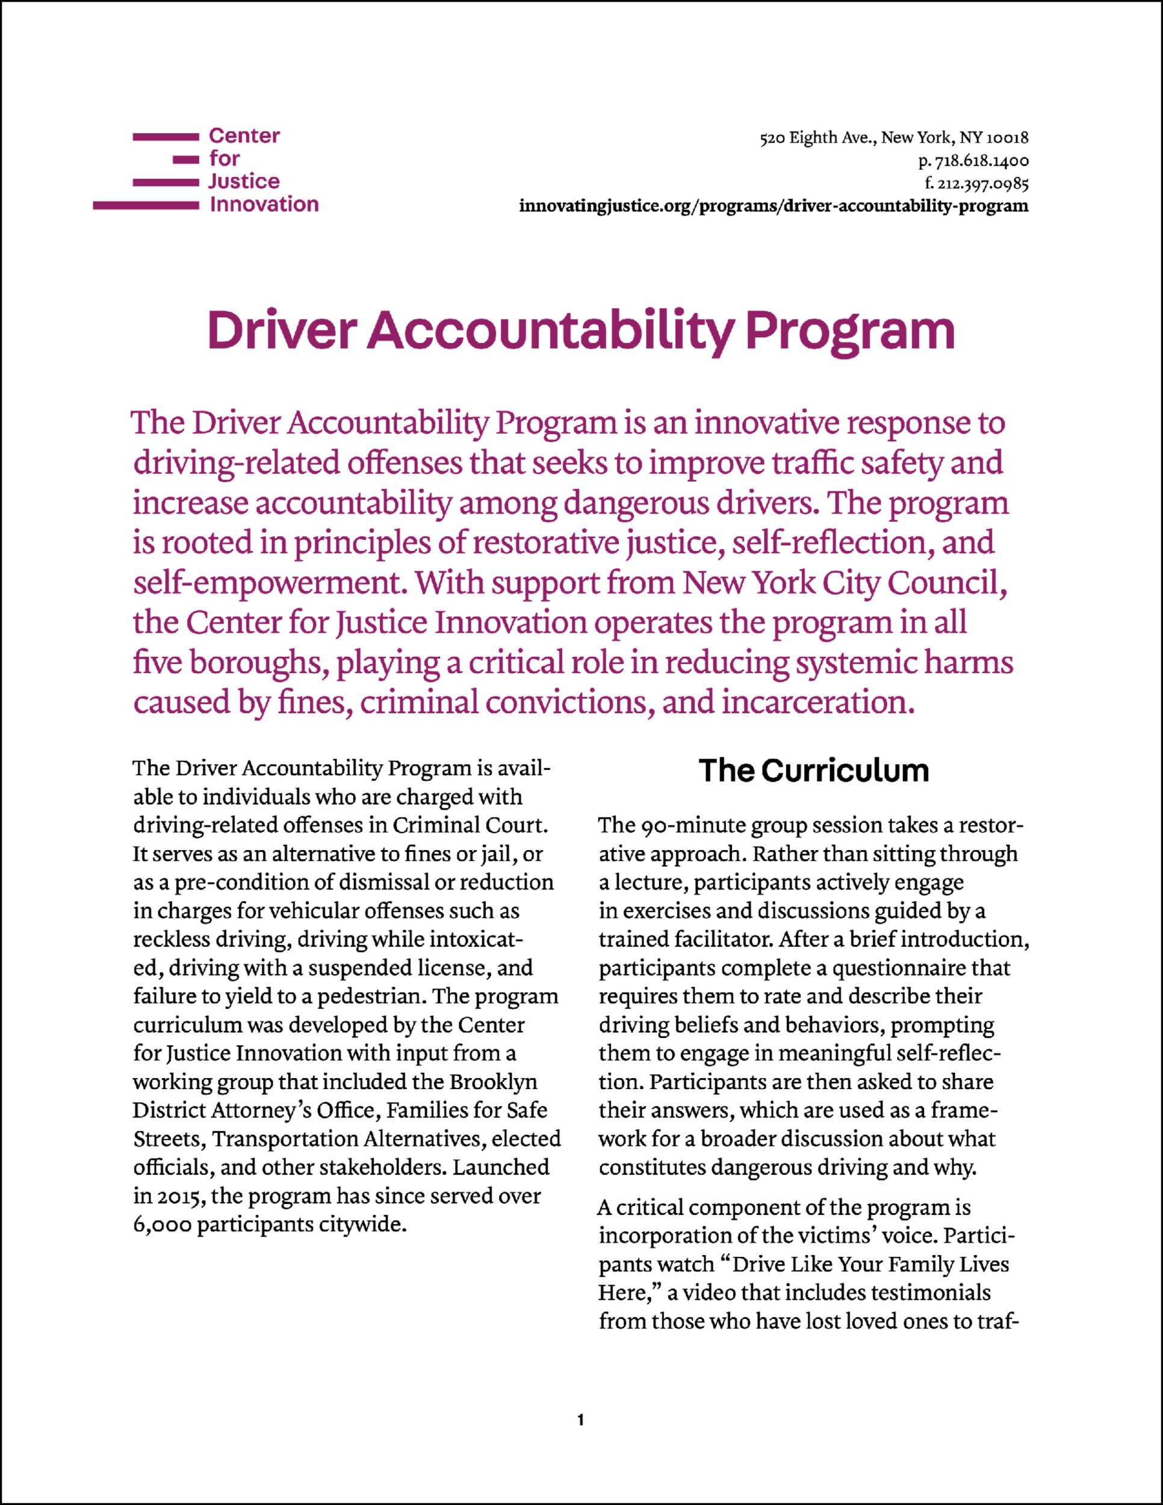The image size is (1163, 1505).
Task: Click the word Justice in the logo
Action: coord(244,181)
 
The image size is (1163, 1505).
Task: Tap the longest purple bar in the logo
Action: coord(146,205)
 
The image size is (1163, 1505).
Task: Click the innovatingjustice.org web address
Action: coord(773,206)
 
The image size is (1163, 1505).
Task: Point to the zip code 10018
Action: coord(1007,138)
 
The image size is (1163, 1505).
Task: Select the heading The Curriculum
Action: coord(814,771)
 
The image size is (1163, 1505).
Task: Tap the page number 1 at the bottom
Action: coord(581,1420)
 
